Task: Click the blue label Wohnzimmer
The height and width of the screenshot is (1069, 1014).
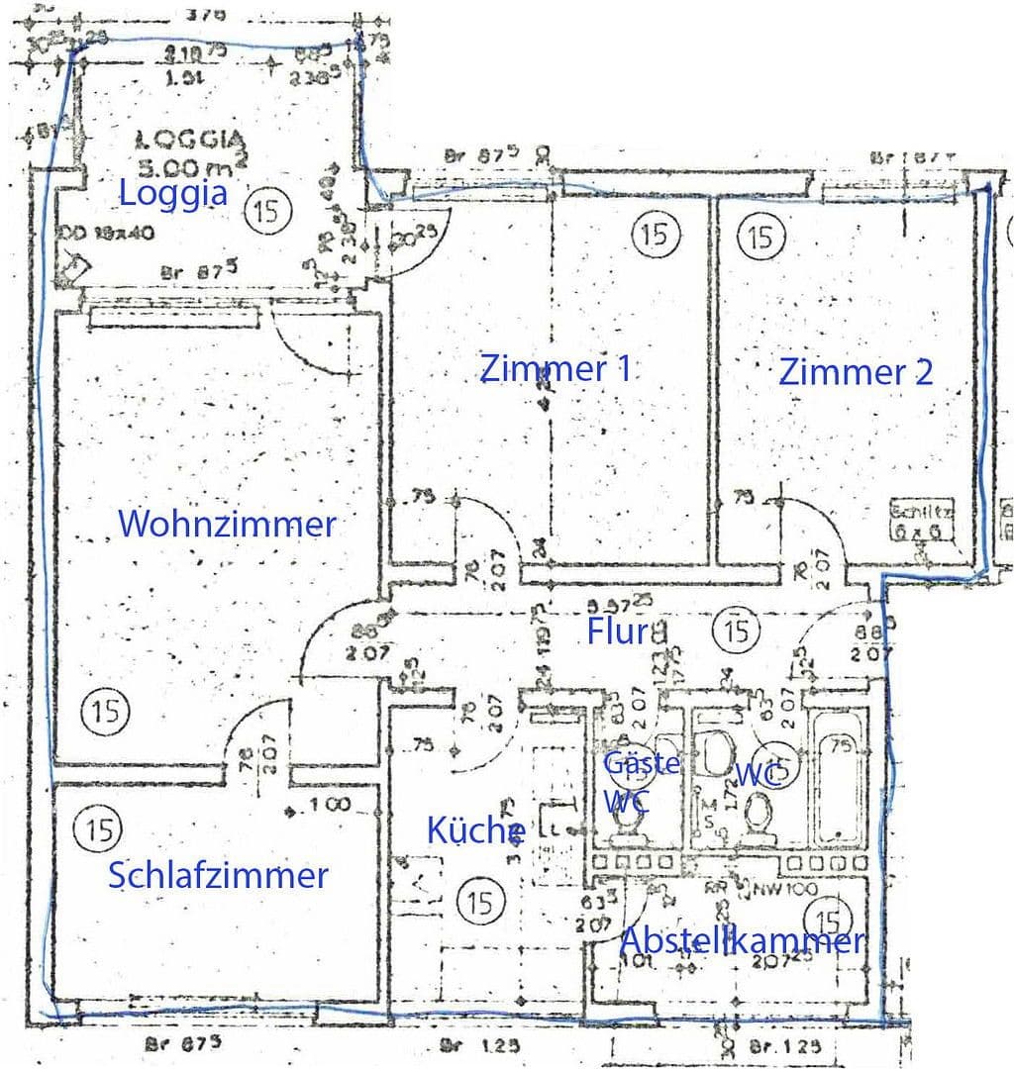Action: pyautogui.click(x=227, y=524)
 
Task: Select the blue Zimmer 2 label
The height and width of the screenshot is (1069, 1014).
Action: pyautogui.click(x=856, y=372)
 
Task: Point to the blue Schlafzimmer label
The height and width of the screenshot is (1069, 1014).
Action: pyautogui.click(x=218, y=876)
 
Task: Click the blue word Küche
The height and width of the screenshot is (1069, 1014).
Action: pyautogui.click(x=475, y=830)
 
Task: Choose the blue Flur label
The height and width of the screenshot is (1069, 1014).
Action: pyautogui.click(x=618, y=632)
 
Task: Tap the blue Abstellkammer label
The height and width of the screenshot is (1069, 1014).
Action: pyautogui.click(x=742, y=940)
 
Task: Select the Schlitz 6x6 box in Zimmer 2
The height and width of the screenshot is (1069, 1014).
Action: pyautogui.click(x=921, y=517)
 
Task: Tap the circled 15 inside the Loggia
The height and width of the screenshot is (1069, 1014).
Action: pyautogui.click(x=265, y=210)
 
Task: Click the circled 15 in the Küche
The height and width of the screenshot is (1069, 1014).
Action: pyautogui.click(x=481, y=902)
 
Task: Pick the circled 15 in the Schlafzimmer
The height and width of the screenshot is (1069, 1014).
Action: pyautogui.click(x=98, y=827)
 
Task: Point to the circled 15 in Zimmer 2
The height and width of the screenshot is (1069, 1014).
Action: pyautogui.click(x=760, y=238)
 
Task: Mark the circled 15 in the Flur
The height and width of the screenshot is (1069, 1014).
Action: pyautogui.click(x=736, y=629)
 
